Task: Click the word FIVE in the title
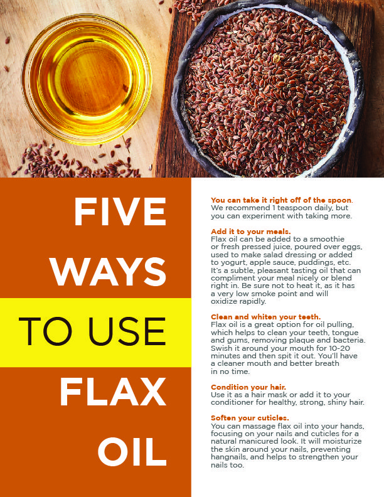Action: click(x=120, y=211)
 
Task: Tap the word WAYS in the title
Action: click(x=108, y=271)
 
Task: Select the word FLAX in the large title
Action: click(x=113, y=392)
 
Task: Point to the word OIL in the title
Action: click(x=132, y=452)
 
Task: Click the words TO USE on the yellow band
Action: click(x=92, y=331)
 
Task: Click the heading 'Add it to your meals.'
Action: click(x=250, y=232)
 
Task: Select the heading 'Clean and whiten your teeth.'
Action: click(x=266, y=317)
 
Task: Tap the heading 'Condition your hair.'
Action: click(x=248, y=387)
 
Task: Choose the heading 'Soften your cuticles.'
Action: click(x=250, y=418)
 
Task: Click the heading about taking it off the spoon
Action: click(x=282, y=200)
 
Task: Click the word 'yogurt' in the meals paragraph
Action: click(x=233, y=263)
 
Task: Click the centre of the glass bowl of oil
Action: click(x=87, y=79)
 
